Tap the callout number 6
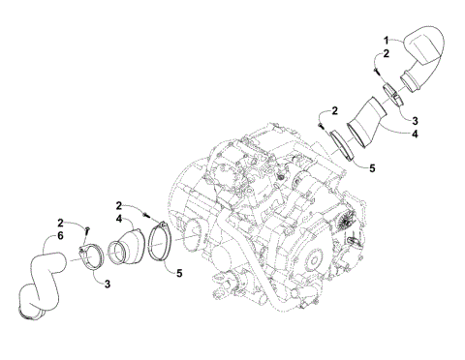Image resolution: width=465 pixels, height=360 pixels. point(60,236)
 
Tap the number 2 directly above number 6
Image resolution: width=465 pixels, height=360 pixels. point(60,223)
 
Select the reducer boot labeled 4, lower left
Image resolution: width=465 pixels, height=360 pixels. point(131,246)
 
